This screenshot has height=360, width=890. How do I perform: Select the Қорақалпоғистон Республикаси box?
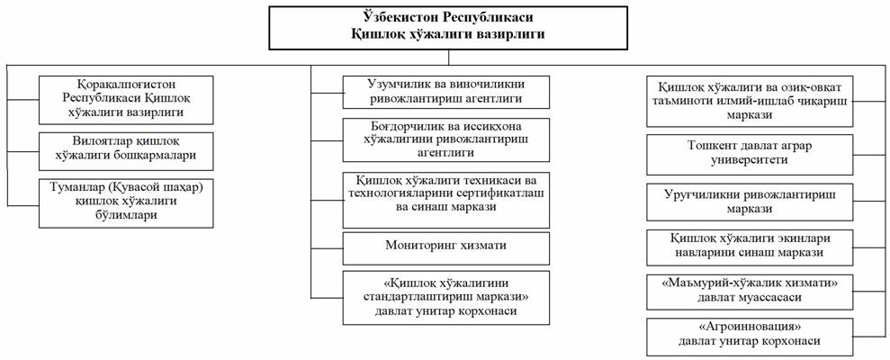pyautogui.click(x=126, y=100)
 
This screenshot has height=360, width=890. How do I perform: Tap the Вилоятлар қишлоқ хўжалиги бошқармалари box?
pyautogui.click(x=126, y=151)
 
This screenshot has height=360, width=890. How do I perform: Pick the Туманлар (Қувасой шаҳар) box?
pyautogui.click(x=126, y=202)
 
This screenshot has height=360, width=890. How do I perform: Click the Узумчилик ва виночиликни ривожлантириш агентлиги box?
pyautogui.click(x=446, y=92)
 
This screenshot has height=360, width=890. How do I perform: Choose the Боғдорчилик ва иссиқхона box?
pyautogui.click(x=446, y=139)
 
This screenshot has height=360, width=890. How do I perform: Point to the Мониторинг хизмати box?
pyautogui.click(x=446, y=248)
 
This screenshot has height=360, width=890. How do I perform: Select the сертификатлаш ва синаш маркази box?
pyautogui.click(x=446, y=200)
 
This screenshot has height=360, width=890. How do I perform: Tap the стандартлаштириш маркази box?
pyautogui.click(x=446, y=298)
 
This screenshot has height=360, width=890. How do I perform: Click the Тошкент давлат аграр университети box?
pyautogui.click(x=750, y=155)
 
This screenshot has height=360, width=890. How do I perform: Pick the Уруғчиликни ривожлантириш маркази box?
pyautogui.click(x=750, y=202)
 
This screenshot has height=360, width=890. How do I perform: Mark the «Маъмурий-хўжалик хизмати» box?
pyautogui.click(x=750, y=290)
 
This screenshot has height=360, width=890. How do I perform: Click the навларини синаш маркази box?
pyautogui.click(x=750, y=246)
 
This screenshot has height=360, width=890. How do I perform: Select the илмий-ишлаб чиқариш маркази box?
pyautogui.click(x=750, y=101)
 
